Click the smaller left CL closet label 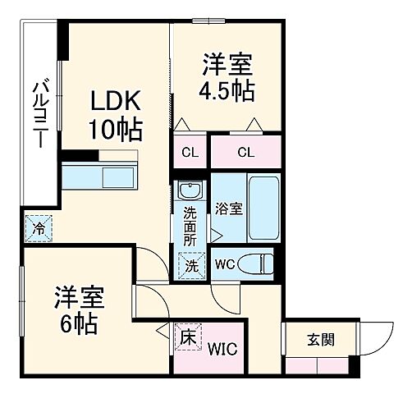188,151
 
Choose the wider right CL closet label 245,151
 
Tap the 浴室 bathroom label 227,208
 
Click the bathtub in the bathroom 264,208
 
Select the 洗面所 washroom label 190,223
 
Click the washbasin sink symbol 190,192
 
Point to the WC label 225,264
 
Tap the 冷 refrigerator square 38,228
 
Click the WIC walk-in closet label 222,350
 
